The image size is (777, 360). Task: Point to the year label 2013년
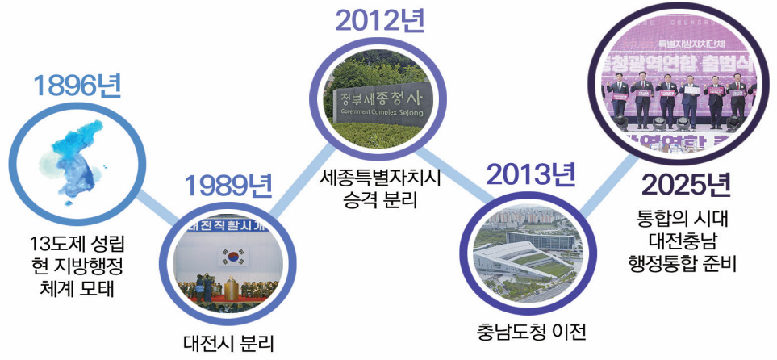pos(530,173)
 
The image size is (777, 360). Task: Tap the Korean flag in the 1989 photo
pos(233,257)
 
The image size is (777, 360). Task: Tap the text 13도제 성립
pos(77,243)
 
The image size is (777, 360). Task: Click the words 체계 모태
pos(77,287)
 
